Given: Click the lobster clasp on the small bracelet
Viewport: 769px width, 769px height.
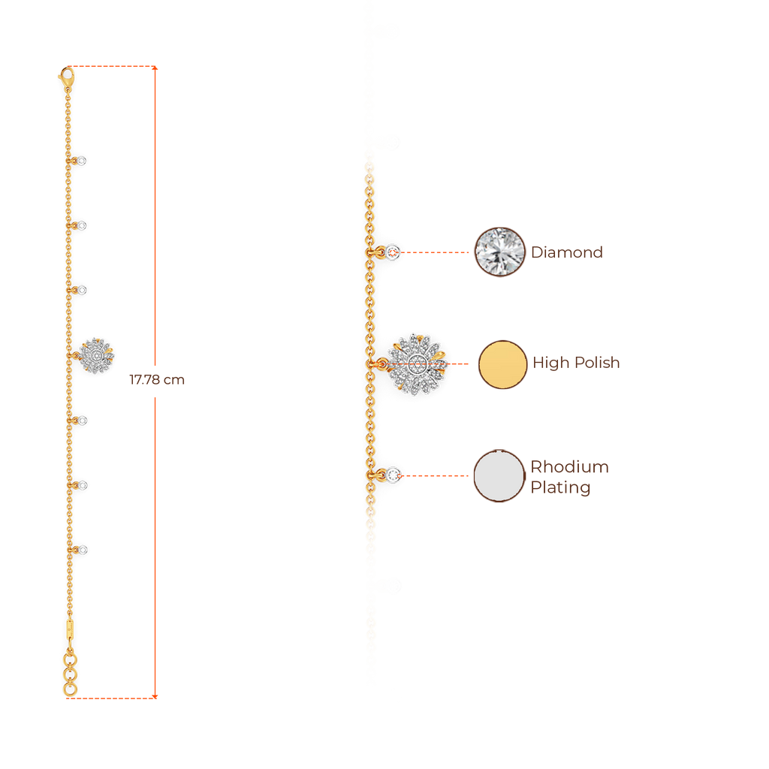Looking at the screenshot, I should tap(65, 76).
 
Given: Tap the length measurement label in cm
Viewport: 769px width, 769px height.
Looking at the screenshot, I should tap(157, 380).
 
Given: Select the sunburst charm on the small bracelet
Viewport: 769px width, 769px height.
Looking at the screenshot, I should tap(97, 354).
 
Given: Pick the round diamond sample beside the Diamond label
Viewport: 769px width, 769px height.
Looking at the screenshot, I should tap(499, 252).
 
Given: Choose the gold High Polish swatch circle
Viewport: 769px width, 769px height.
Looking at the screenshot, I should tap(502, 364).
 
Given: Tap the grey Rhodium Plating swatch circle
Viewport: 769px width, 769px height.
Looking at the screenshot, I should tap(499, 476).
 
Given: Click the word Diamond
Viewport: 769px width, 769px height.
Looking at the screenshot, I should tap(567, 252).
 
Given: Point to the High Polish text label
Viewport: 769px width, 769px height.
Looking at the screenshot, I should tap(576, 363).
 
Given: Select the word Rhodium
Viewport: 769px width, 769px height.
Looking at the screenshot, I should tap(570, 467).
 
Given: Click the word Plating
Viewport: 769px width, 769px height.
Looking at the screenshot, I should tap(561, 487).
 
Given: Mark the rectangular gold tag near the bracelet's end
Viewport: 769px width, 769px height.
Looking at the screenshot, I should tap(69, 626).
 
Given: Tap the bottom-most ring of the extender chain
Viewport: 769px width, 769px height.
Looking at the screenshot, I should tap(69, 688).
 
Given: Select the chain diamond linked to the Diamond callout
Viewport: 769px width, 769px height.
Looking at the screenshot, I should tap(394, 252).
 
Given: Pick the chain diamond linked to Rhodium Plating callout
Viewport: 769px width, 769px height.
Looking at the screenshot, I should tap(394, 475).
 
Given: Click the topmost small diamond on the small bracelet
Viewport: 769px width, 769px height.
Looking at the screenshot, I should tap(82, 161).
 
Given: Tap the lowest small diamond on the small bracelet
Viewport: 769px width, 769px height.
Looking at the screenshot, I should tap(83, 550).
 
